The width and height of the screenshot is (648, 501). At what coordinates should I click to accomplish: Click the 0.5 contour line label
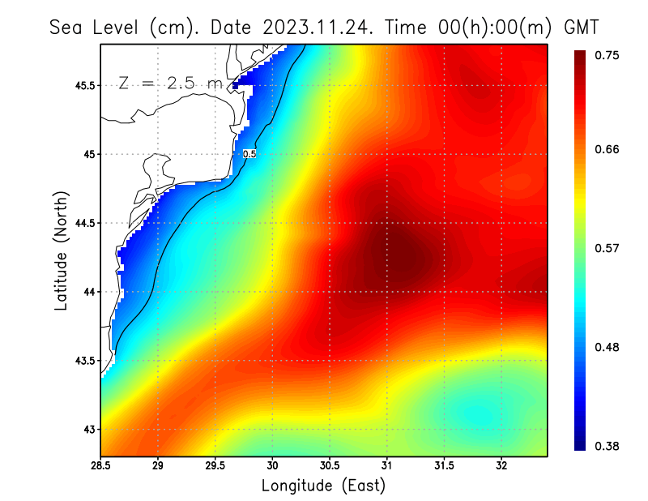(249, 153)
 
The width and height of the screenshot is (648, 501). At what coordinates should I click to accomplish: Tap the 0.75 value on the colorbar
(607, 55)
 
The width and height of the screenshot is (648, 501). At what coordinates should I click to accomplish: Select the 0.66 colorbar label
(607, 149)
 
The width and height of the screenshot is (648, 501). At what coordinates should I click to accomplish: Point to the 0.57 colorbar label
(607, 248)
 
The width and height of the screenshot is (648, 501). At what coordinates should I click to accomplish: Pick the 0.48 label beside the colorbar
(607, 347)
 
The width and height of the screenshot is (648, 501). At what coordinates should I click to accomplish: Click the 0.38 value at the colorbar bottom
(607, 446)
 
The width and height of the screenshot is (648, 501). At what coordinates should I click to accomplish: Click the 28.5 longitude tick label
(100, 466)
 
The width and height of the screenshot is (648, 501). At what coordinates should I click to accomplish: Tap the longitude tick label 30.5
(330, 466)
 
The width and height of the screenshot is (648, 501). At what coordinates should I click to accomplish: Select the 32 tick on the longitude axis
(501, 466)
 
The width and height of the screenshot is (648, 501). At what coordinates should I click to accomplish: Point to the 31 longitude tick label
(387, 466)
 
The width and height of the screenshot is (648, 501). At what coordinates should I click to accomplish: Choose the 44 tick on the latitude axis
(86, 292)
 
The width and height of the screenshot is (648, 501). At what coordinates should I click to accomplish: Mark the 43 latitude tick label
(86, 429)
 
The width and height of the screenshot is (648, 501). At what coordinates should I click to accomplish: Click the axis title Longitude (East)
(323, 486)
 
